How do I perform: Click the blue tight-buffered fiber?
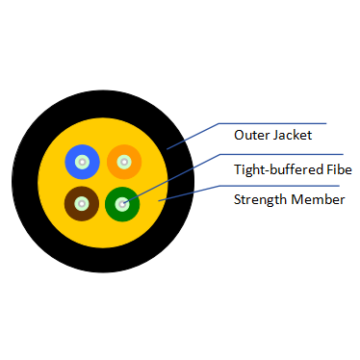tap(71, 161)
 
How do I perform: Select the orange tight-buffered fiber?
tap(134, 161)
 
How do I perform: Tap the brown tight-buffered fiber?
tap(70, 204)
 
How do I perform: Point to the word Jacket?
tap(292, 136)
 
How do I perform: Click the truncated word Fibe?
tap(340, 169)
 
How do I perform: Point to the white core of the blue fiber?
tap(82, 161)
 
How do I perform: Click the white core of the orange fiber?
tap(123, 161)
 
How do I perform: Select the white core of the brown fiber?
tap(82, 203)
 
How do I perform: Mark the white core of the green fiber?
tap(122, 203)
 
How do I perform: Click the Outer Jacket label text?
tap(272, 136)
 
